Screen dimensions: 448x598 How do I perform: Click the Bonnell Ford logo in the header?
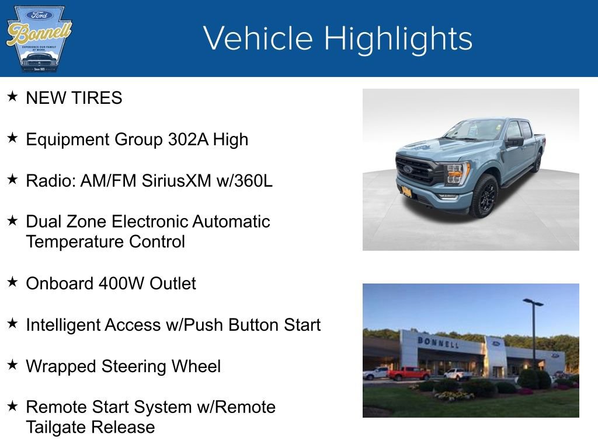tap(39, 38)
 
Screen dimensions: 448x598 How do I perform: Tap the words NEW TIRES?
tap(74, 98)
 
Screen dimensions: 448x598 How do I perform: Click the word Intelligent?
tap(63, 325)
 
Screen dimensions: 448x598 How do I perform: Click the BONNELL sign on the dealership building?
tap(438, 342)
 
